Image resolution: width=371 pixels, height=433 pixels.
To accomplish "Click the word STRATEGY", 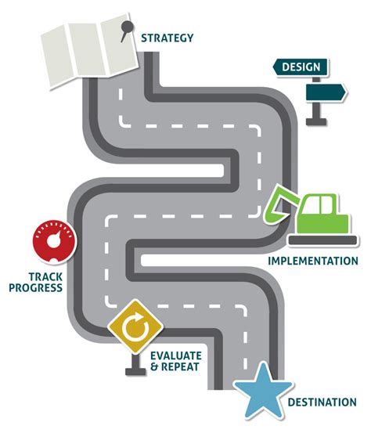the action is click(x=167, y=38).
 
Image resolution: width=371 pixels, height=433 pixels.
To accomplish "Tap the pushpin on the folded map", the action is click(x=127, y=30).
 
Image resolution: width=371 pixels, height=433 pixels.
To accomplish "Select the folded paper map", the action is click(x=89, y=51).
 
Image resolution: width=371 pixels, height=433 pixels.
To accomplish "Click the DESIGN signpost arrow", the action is click(x=301, y=67).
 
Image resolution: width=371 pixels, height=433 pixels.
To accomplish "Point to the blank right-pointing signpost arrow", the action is click(x=326, y=92).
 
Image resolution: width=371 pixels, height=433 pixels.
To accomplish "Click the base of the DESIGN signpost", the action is click(x=316, y=122).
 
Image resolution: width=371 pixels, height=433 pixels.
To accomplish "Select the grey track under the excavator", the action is click(x=322, y=240).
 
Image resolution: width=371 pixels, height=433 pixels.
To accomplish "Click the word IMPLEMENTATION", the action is click(x=313, y=261).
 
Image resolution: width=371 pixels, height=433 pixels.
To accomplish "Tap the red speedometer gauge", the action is click(x=54, y=242).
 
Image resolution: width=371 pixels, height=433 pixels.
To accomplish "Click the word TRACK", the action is click(x=45, y=276).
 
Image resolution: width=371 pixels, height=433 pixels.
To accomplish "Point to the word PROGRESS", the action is click(x=35, y=287).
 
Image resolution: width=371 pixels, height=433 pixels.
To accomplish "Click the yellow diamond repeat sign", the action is click(x=135, y=327).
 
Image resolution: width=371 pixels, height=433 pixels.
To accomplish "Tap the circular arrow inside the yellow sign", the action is click(x=135, y=327).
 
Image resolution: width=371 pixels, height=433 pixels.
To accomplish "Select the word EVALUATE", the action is click(x=176, y=355).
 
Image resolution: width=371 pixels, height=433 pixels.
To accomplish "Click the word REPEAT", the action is click(x=180, y=367).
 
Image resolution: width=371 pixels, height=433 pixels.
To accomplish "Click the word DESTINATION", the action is click(x=322, y=402).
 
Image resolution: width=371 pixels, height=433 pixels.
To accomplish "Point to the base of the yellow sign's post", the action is click(x=135, y=371).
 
